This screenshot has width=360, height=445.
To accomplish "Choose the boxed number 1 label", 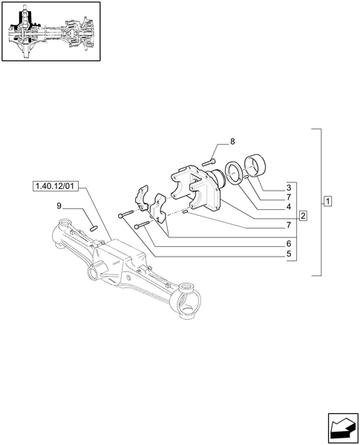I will coord(327,202).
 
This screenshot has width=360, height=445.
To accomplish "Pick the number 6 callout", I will coord(288,243).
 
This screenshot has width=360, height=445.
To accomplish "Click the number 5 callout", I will coord(288,254).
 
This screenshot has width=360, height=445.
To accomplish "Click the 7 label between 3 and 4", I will coord(288,198).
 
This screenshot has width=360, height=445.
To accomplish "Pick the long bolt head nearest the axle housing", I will coord(121,214).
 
